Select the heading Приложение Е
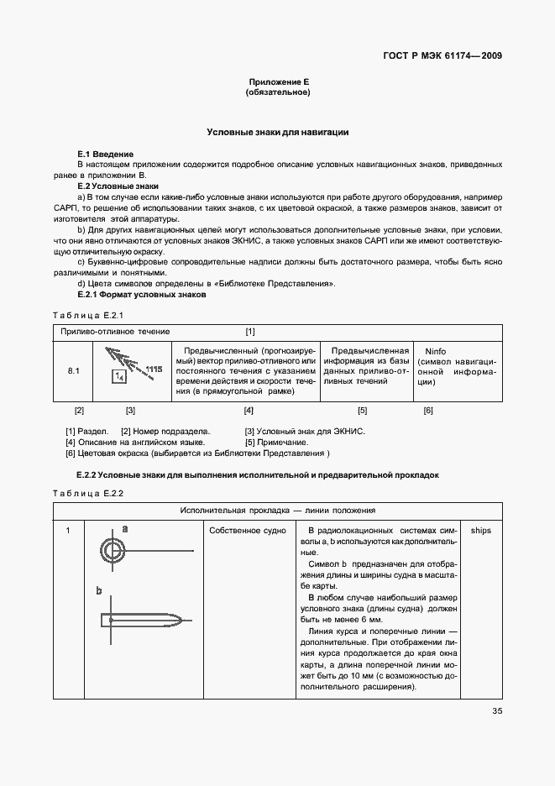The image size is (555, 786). point(278,81)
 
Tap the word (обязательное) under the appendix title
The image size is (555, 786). point(278,92)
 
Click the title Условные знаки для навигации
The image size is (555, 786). point(278,133)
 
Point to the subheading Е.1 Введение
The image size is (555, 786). point(105,155)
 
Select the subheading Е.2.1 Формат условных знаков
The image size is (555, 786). point(141,295)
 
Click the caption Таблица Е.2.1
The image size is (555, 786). point(88,315)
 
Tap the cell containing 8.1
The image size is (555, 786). point(73,370)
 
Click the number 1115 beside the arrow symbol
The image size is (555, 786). point(153,368)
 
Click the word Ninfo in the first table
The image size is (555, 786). point(436,351)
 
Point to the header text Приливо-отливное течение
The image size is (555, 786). point(114,332)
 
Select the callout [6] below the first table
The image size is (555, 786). point(427,411)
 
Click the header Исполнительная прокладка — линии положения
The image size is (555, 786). point(278,511)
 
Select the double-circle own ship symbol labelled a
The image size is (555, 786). point(113,550)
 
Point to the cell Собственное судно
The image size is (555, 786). point(248,531)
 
